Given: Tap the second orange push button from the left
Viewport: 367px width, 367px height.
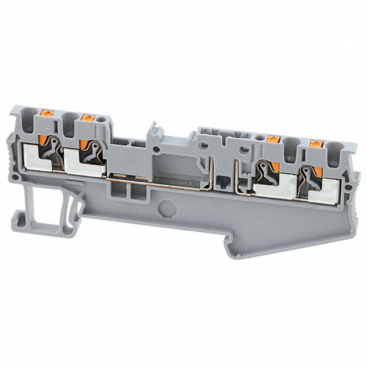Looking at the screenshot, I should (x=88, y=118).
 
